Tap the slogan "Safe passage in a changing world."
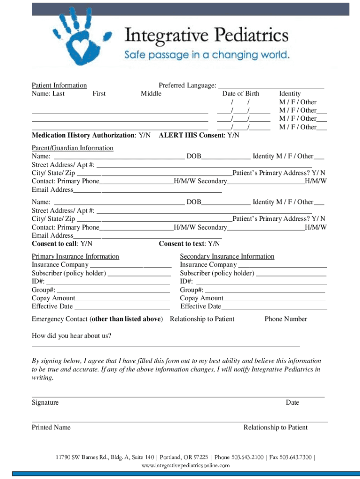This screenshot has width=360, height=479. [x=207, y=55]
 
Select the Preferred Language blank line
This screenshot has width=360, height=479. [x=271, y=86]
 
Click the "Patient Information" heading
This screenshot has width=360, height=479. [x=59, y=85]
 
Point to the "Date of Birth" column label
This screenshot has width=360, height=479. [x=240, y=94]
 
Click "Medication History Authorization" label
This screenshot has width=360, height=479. [x=82, y=135]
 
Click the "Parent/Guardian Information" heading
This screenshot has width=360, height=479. [x=72, y=148]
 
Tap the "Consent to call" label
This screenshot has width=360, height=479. [x=55, y=244]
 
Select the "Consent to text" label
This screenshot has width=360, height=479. [x=182, y=244]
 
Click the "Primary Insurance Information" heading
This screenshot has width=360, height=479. [x=75, y=256]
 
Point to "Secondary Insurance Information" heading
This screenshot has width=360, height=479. [x=227, y=256]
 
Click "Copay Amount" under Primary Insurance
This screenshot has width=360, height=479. [x=53, y=298]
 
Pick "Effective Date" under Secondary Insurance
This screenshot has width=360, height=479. [x=201, y=306]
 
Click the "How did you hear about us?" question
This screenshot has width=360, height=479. [x=72, y=335]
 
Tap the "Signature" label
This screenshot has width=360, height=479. [x=45, y=402]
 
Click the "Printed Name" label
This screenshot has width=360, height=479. [x=51, y=427]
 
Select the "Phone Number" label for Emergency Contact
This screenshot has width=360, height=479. [x=286, y=319]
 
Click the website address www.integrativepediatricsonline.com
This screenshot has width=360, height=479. [x=186, y=465]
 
